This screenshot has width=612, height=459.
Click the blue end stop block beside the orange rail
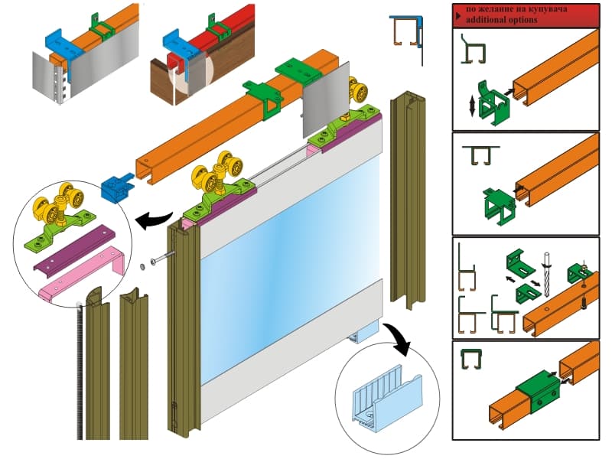tap(116, 188)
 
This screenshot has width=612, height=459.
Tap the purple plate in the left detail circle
tap(74, 249)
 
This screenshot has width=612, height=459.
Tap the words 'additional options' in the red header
tap(501, 20)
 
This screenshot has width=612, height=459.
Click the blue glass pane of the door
tap(290, 254)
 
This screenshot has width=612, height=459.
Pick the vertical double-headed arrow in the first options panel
tap(472, 106)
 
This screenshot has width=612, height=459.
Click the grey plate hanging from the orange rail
tap(327, 99)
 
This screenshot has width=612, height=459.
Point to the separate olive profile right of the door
tap(408, 200)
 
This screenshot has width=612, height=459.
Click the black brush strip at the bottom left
tap(80, 371)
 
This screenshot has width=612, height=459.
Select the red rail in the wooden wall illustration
tap(213, 35)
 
